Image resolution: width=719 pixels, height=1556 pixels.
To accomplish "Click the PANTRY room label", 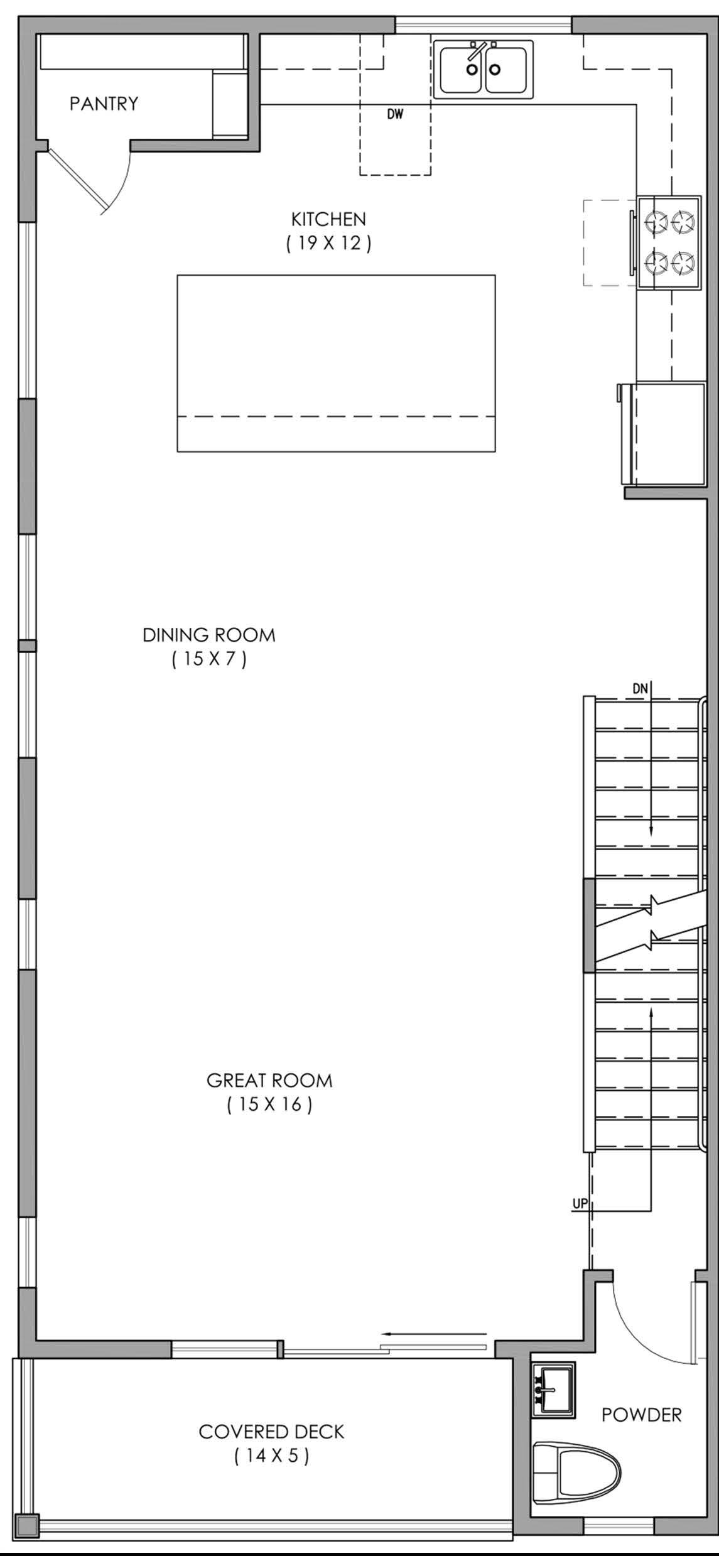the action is pos(104,103).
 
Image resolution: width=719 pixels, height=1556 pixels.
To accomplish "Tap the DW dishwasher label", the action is pos(395,114).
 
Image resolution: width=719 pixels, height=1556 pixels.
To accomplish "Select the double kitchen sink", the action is pos(484,69).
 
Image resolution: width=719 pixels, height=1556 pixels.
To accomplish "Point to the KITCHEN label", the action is pos(328,219).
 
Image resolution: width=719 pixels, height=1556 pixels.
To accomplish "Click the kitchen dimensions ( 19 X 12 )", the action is pos(328,243).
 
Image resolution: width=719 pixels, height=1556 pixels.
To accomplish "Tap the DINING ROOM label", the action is pos(209,635).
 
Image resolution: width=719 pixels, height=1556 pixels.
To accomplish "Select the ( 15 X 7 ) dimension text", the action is pos(209,659).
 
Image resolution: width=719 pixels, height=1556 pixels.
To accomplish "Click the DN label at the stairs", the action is pos(640,688).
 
